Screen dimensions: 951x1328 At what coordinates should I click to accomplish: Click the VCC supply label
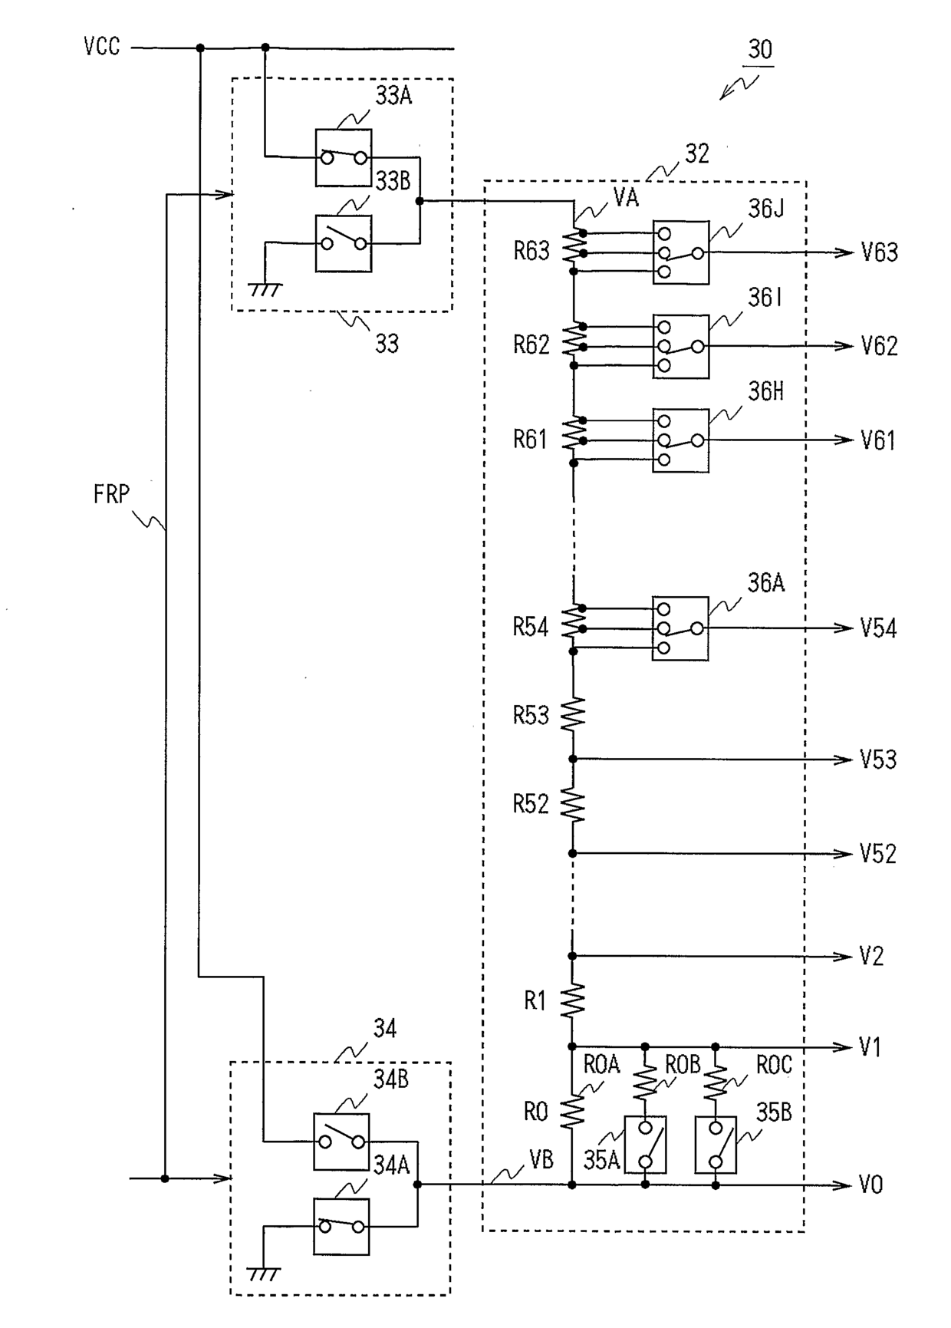click(102, 47)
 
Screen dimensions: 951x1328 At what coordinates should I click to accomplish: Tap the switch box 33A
click(344, 157)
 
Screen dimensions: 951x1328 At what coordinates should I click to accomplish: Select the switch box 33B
click(344, 243)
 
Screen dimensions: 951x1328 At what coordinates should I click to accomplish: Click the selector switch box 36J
click(681, 252)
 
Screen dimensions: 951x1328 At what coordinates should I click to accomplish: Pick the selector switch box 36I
click(681, 346)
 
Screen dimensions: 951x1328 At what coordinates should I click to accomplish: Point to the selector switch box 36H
click(681, 440)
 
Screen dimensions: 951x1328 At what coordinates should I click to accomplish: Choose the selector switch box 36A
click(680, 628)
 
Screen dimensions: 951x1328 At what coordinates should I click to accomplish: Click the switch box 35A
click(645, 1145)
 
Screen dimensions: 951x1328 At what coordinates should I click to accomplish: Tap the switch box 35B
click(716, 1145)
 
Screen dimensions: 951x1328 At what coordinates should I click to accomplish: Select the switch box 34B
click(341, 1142)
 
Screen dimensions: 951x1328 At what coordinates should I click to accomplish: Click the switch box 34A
click(341, 1227)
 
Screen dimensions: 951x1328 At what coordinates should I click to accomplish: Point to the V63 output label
click(879, 252)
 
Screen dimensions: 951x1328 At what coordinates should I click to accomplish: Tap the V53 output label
click(878, 760)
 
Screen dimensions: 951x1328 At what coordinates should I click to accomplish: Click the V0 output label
click(871, 1185)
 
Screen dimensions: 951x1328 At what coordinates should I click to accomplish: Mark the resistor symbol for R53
click(573, 714)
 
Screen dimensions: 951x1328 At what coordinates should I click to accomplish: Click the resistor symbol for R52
click(573, 803)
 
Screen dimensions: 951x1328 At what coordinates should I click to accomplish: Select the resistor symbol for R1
click(573, 1000)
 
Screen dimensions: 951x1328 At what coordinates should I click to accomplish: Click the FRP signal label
click(112, 494)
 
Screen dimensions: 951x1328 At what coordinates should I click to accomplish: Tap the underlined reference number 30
click(760, 50)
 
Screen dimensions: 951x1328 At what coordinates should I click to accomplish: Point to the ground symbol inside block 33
click(266, 290)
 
